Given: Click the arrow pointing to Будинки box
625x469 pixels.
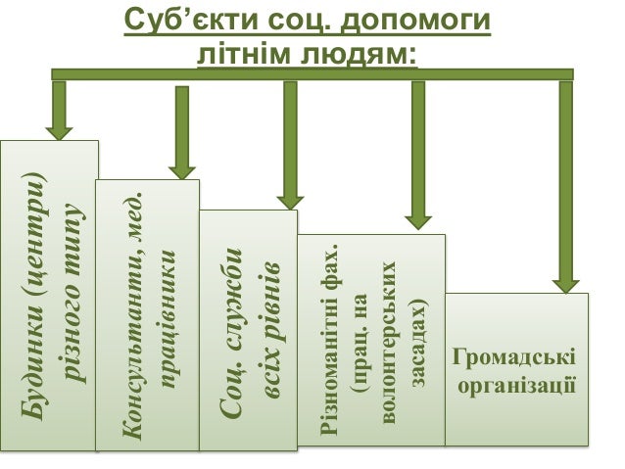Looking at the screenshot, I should (59, 110).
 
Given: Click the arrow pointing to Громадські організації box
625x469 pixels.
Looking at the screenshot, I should (565, 186).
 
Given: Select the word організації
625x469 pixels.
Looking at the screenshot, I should (515, 383).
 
